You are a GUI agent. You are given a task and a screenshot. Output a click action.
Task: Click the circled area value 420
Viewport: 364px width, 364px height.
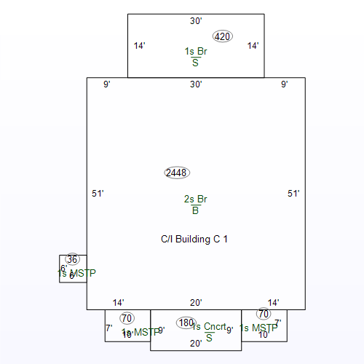[x=222, y=36]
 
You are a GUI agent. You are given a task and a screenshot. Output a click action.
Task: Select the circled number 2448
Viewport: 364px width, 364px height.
[x=177, y=173]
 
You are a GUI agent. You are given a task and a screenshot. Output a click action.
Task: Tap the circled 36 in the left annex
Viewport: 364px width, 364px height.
[x=72, y=259]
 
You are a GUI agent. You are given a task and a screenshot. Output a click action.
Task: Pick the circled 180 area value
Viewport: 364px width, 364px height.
[x=186, y=323]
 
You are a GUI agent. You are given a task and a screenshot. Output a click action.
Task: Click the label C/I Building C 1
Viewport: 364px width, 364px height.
[x=194, y=239]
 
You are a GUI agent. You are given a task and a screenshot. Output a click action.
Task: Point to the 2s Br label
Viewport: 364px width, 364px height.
[x=196, y=199]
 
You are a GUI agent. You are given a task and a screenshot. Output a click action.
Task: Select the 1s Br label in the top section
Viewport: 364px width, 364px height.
[x=196, y=52]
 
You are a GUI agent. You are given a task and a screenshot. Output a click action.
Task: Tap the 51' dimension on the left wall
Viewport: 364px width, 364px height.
[x=98, y=194]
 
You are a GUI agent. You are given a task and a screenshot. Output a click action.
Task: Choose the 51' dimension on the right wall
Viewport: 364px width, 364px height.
[x=293, y=194]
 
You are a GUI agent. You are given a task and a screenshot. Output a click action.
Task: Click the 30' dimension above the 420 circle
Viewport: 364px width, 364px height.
[x=196, y=21]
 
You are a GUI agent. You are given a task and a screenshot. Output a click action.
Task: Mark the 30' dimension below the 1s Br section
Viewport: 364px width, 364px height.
[x=196, y=84]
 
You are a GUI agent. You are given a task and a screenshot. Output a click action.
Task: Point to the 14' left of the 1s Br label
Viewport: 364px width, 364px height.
[x=140, y=46]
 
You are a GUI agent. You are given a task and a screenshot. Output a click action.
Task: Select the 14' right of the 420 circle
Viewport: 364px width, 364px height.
[x=253, y=46]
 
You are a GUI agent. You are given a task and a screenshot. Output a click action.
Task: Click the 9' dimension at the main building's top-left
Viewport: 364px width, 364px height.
[x=106, y=84]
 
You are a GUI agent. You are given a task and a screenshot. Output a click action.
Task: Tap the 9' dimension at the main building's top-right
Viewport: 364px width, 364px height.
[x=285, y=84]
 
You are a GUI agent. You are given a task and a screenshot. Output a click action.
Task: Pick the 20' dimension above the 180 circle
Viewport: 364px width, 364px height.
[x=196, y=303]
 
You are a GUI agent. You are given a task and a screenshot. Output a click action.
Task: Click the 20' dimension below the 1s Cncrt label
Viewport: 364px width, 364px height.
[x=196, y=344]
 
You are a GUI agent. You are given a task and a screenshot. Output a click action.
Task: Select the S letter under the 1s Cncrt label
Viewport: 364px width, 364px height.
[x=209, y=337]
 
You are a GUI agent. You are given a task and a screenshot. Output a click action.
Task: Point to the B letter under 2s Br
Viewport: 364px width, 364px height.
[x=195, y=211]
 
